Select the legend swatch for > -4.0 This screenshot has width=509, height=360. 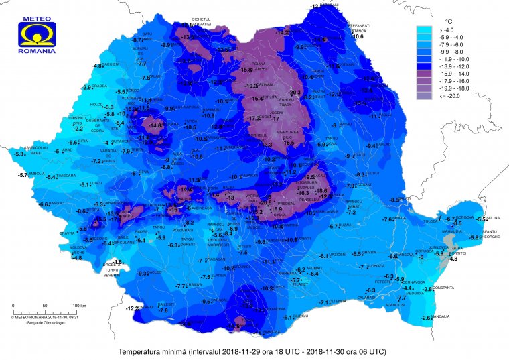[x=425, y=30]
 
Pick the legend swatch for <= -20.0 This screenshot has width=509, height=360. [x=425, y=95]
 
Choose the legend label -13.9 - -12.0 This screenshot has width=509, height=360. [x=453, y=67]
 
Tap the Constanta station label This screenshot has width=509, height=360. [x=444, y=288]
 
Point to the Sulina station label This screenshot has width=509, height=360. [x=493, y=217]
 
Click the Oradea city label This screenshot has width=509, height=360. [x=100, y=86]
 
